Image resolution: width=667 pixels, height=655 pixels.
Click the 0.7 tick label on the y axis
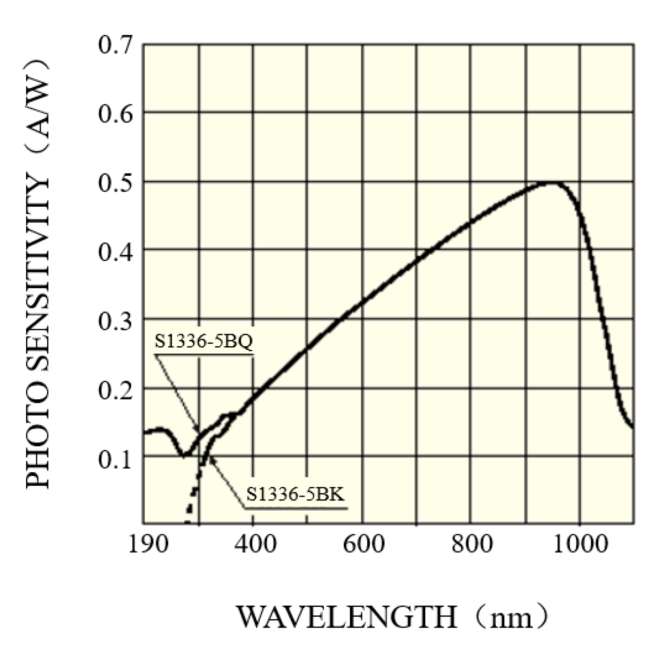click(115, 45)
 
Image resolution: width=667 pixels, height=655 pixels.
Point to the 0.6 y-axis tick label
click(115, 115)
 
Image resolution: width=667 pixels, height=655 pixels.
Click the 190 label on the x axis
click(148, 544)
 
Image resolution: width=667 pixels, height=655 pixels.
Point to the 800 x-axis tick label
click(472, 544)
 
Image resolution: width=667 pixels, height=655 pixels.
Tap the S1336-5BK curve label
click(296, 494)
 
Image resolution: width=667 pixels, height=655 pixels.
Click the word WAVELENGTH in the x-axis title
click(347, 617)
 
